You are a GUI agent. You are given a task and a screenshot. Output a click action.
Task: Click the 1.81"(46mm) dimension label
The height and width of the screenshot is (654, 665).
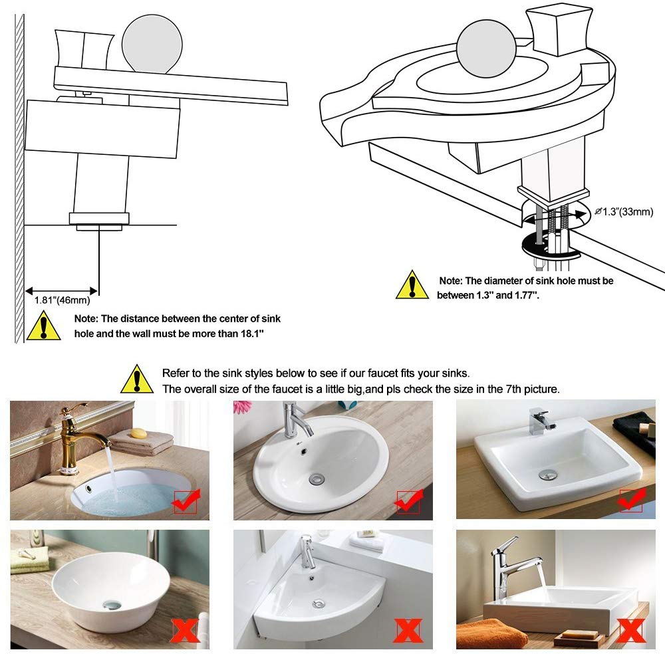coord(62,300)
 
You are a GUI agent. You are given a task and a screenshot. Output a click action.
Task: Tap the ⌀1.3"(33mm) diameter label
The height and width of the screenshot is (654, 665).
coord(624,211)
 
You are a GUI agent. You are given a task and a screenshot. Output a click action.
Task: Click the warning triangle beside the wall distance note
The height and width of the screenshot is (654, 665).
coord(44,325)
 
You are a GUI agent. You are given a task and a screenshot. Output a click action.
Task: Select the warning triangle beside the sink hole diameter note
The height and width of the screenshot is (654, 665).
coord(412,284)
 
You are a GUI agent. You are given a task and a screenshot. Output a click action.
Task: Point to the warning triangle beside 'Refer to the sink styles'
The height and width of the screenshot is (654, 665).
coord(137,379)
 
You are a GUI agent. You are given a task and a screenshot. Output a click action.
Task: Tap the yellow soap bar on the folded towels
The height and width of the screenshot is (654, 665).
coord(139,433)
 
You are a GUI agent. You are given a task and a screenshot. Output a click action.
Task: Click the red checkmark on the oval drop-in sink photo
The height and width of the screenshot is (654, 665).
coord(408,501)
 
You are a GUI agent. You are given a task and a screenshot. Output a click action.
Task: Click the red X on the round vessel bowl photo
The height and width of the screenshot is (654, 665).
coord(186,631)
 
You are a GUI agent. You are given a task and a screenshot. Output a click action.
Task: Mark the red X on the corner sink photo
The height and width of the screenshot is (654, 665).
coord(408,631)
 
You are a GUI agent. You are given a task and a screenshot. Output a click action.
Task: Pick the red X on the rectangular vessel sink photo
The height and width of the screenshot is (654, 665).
coord(632,631)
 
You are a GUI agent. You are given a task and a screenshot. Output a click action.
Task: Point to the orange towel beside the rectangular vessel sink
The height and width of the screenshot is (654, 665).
coord(492,633)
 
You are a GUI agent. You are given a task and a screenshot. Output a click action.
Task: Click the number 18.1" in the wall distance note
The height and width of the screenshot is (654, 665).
coord(252,334)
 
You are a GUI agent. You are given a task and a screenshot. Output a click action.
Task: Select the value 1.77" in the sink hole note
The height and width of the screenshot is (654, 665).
coord(527,295)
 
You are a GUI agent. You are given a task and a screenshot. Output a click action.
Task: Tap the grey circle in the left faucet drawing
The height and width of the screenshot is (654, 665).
coord(152,44)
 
